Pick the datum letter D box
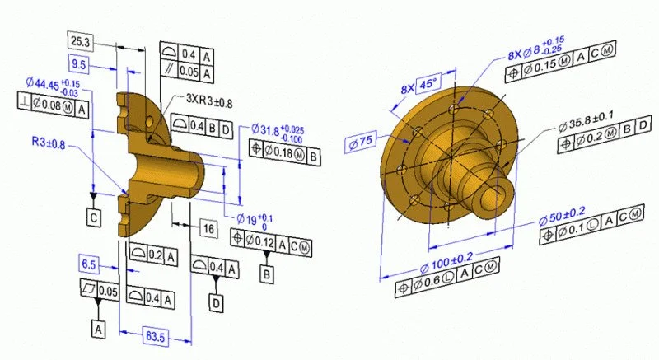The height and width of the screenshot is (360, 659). pos(217,303)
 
